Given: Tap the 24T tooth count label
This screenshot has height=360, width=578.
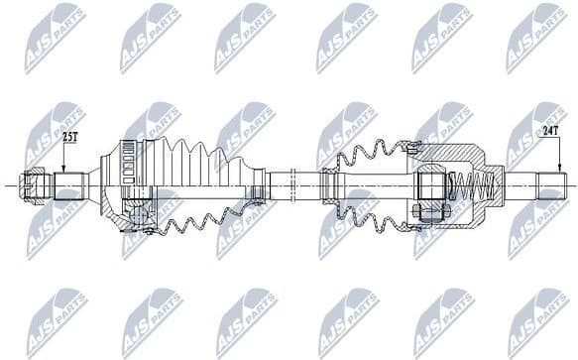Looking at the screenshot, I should click(x=551, y=129).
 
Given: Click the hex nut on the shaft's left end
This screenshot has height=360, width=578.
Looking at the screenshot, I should click(x=37, y=185).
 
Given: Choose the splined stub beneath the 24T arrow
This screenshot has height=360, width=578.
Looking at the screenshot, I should click(x=551, y=185).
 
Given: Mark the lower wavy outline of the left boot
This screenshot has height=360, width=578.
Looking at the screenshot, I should click(x=203, y=222).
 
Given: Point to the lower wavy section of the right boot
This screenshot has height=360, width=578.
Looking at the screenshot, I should click(x=372, y=217).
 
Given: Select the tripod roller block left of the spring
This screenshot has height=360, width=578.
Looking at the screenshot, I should click(x=430, y=185).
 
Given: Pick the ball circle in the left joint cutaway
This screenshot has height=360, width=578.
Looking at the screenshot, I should click(x=137, y=210).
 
